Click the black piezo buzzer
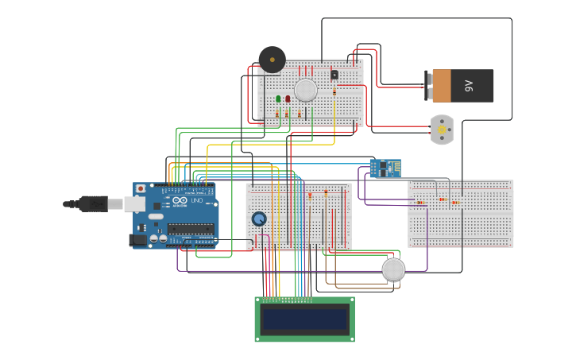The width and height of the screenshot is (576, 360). click(x=272, y=60)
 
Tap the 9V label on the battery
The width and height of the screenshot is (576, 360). click(x=469, y=86)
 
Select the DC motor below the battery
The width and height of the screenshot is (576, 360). click(x=442, y=129)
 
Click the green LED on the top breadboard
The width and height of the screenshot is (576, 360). click(x=279, y=99)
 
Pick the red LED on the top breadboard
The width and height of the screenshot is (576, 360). click(x=288, y=99)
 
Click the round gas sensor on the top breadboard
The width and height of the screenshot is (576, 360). click(x=306, y=90)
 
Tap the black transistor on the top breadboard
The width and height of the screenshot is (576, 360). click(x=334, y=75)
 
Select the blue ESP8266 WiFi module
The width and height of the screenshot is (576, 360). click(x=385, y=168)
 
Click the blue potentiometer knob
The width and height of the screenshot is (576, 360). click(x=259, y=219)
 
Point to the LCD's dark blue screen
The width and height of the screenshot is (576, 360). click(x=305, y=319)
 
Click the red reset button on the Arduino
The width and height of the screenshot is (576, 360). click(x=141, y=189)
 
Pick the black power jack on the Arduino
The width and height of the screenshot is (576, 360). click(x=137, y=239)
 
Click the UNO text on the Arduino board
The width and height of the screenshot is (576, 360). click(x=196, y=200)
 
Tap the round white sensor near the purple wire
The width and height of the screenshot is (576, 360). click(x=393, y=269)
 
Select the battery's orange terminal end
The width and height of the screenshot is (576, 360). click(x=441, y=86)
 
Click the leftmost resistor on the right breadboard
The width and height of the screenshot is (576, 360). click(x=419, y=203)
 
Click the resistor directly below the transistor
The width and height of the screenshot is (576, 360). click(x=334, y=92)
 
